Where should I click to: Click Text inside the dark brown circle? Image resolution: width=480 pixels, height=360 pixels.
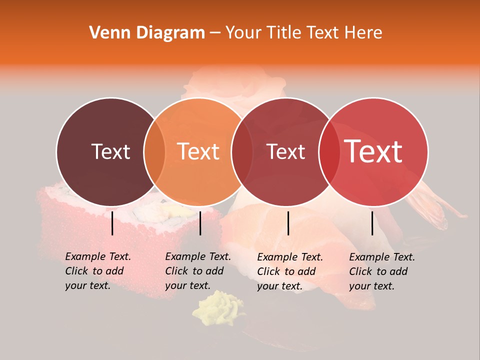tap(110, 151)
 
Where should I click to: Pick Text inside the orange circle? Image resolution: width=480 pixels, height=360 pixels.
tap(198, 151)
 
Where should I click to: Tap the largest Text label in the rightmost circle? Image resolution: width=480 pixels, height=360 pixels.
tap(373, 151)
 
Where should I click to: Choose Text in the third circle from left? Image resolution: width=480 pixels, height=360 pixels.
tap(286, 151)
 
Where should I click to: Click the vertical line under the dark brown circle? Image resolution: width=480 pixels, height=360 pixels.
tap(112, 223)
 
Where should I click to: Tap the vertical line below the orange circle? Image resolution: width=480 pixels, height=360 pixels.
tap(200, 223)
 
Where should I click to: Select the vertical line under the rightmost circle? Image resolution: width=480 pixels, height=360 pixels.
tap(372, 223)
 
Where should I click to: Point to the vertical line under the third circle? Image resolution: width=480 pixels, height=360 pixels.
tap(288, 223)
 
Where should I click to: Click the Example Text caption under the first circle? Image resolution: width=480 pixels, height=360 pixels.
tap(98, 257)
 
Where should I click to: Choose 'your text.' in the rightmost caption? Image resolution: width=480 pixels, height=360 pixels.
tap(371, 286)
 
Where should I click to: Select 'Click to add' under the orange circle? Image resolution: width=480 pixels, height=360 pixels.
tap(194, 271)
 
